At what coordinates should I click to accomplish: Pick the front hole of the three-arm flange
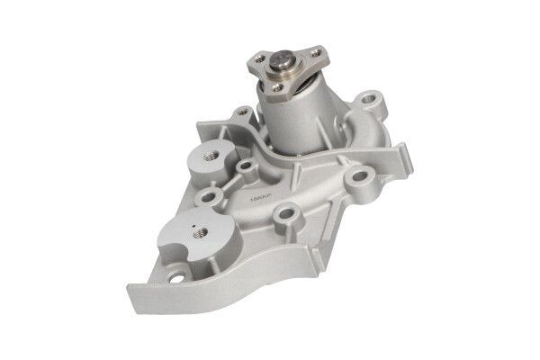[286, 87]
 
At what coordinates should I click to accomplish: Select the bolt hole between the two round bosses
[210, 196]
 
